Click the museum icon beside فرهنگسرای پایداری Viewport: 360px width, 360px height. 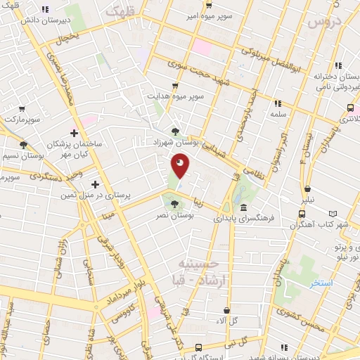(243, 208)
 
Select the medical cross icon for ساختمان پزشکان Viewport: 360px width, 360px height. (74, 132)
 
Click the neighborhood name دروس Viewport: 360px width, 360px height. (325, 21)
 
